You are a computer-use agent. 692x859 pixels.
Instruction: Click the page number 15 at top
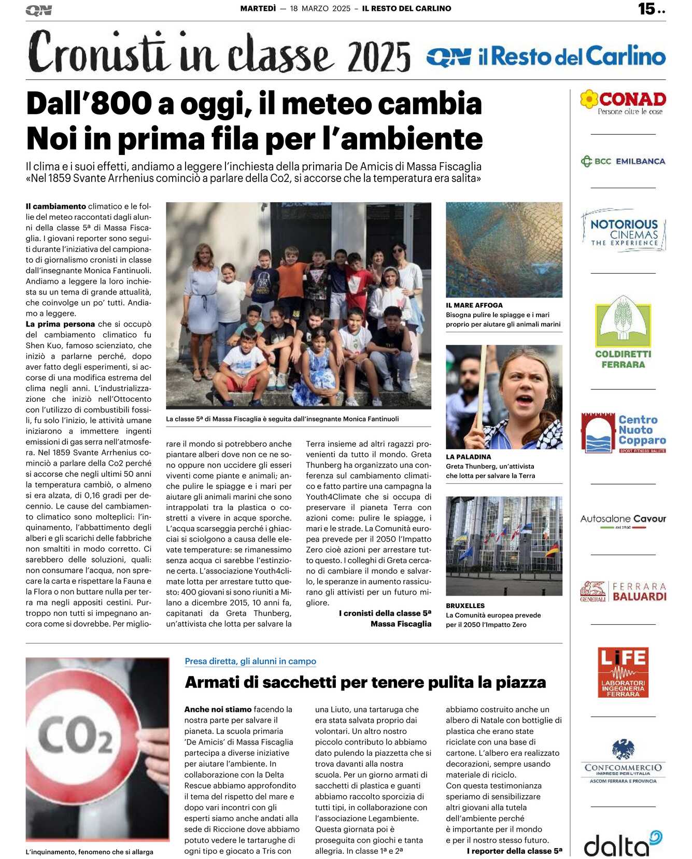[x=647, y=9]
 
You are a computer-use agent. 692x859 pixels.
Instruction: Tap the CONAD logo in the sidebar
[x=623, y=102]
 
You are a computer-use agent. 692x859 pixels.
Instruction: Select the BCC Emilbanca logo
[x=623, y=161]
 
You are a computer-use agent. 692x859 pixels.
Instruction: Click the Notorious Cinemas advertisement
[x=624, y=231]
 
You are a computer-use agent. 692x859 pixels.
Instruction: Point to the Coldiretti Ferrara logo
[x=623, y=332]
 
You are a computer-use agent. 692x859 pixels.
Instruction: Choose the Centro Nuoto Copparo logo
[x=623, y=432]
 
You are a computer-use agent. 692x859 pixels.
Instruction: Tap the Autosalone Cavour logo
[x=623, y=519]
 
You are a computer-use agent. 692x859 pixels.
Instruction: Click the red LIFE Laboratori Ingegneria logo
[x=623, y=672]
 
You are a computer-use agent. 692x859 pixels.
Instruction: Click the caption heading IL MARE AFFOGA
[x=474, y=305]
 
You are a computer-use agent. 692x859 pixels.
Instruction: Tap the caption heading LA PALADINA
[x=468, y=457]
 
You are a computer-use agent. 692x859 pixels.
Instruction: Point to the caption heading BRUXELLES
[x=465, y=605]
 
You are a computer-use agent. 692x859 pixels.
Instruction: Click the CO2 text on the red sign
[x=76, y=735]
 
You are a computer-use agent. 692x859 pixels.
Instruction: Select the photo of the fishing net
[x=504, y=249]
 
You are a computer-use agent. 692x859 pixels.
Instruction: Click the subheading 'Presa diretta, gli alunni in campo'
[x=250, y=661]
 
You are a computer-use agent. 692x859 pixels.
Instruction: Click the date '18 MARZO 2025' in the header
[x=320, y=9]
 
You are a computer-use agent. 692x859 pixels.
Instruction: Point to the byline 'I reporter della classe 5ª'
[x=514, y=851]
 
